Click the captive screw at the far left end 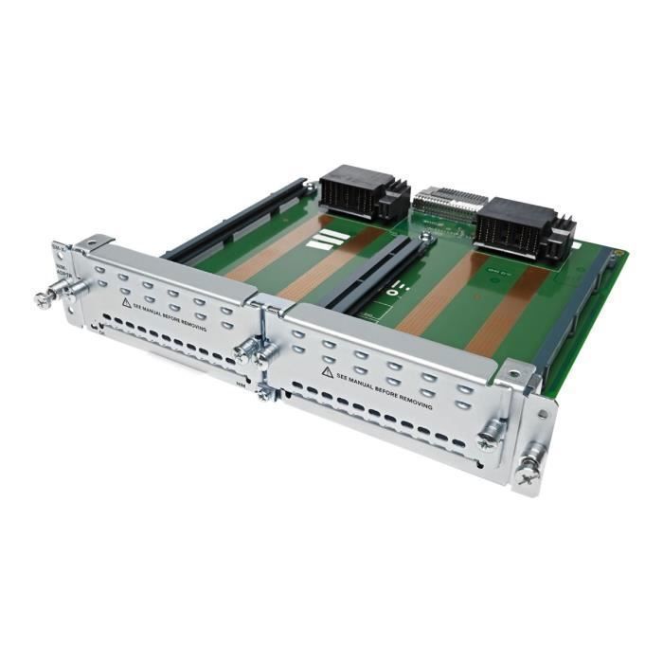tap(44, 298)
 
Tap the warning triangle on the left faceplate tap(126, 303)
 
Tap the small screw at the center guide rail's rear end tap(427, 240)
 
